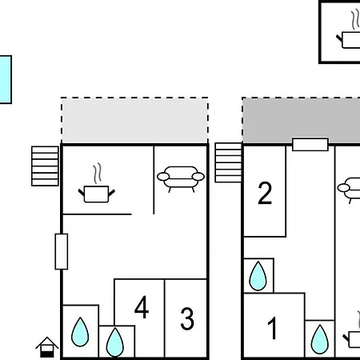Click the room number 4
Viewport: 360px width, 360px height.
coord(142,307)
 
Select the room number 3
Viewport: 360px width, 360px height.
coord(187,318)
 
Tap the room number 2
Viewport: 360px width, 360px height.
coord(265,193)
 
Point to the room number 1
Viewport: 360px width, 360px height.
coord(273,328)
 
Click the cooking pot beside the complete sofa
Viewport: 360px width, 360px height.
coord(96,194)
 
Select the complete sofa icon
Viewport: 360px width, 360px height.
coord(181,178)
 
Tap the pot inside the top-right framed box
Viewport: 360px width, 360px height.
coord(348,40)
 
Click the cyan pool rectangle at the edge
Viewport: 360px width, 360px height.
coord(6,79)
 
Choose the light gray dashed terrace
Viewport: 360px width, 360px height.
coord(134,121)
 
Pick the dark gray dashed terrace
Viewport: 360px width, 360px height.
coord(301,120)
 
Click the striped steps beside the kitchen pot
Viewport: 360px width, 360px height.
coord(45,166)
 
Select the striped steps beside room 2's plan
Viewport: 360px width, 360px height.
coord(228,162)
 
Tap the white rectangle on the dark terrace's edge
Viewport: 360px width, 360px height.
coord(310,145)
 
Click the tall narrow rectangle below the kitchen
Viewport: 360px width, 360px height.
coord(62,251)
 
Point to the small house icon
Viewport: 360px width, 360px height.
coord(47,347)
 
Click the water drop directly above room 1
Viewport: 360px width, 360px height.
coord(258,276)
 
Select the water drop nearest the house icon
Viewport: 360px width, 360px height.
coord(80,332)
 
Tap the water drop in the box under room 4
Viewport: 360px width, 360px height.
coord(115,342)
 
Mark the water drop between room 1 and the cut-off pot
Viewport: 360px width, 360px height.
coord(320,339)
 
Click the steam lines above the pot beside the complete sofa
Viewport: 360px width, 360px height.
coord(97,173)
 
